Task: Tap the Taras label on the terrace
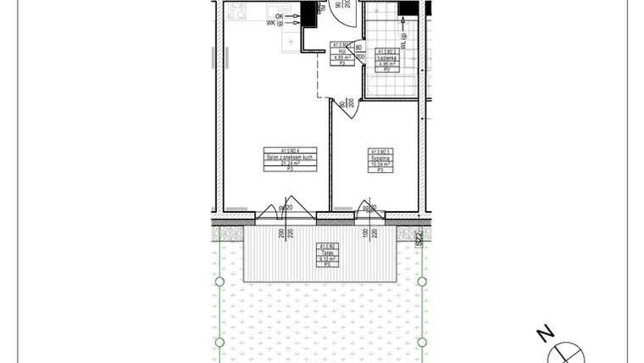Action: tap(325, 253)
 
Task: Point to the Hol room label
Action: tap(341, 52)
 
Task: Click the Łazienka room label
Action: tap(386, 58)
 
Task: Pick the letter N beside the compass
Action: tap(547, 333)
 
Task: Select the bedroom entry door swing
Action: tap(350, 108)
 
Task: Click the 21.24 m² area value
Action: tap(290, 164)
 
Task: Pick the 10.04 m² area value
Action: tap(380, 164)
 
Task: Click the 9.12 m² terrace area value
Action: tap(325, 259)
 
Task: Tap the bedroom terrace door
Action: tap(369, 211)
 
